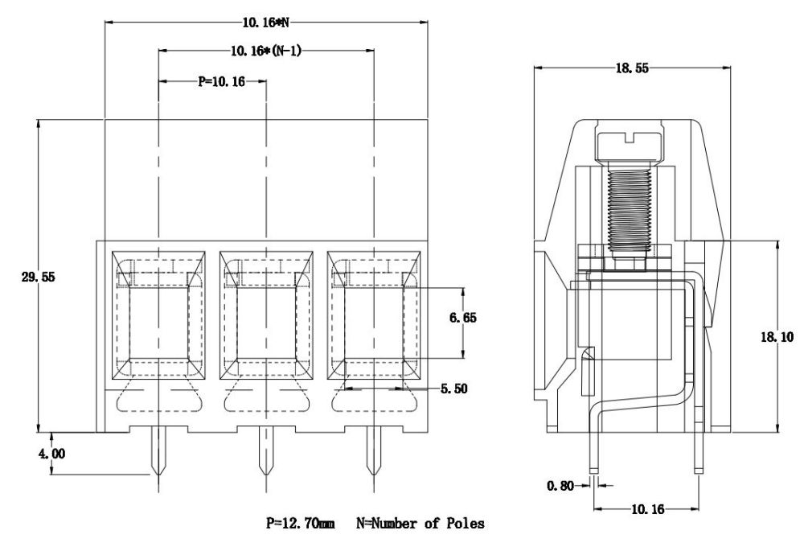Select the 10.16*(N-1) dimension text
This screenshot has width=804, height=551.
tap(265, 51)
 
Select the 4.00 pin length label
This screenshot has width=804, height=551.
tap(53, 454)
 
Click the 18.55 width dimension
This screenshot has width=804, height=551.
tap(634, 69)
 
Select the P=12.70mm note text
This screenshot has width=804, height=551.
tap(301, 524)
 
